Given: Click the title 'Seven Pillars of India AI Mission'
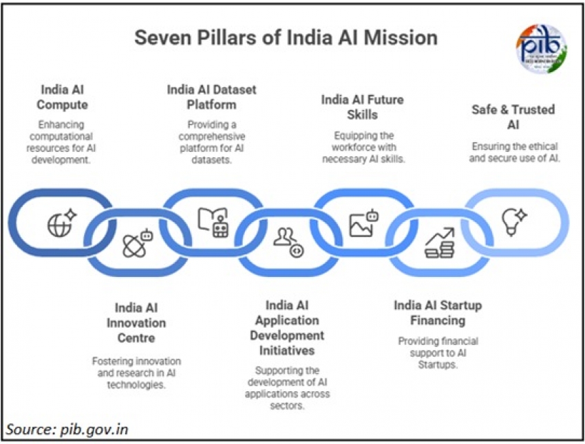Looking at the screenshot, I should click(x=286, y=37).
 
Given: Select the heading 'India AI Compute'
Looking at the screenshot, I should click(x=64, y=97).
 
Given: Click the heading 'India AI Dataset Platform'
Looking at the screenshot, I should click(x=202, y=97).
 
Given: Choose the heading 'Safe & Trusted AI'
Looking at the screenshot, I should click(x=513, y=116).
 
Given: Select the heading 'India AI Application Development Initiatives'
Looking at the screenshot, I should click(x=287, y=328).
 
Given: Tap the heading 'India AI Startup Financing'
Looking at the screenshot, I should click(x=438, y=313).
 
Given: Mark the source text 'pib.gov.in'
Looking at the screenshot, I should click(x=67, y=430).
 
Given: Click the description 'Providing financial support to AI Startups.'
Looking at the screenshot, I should click(x=438, y=353).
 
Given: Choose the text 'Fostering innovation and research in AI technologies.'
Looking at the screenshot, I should click(x=136, y=373).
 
